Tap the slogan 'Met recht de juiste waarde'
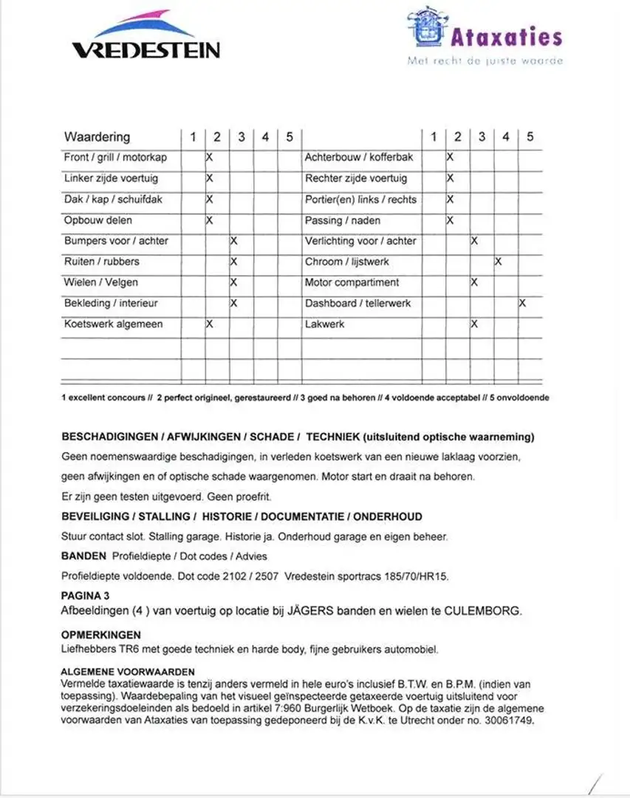pos(485,61)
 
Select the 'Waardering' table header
pos(97,137)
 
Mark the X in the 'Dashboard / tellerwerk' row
pos(522,303)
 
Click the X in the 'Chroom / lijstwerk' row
pos(499,262)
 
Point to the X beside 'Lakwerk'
pos(474,324)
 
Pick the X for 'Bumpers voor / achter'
pos(233,241)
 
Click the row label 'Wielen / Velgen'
pos(100,282)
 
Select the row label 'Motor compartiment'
pos(352,282)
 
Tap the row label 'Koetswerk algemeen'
pos(113,324)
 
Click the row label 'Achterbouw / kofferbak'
pos(359,157)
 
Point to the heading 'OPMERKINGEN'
pos(100,635)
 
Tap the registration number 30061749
pos(504,720)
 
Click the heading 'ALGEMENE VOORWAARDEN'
pos(128,672)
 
